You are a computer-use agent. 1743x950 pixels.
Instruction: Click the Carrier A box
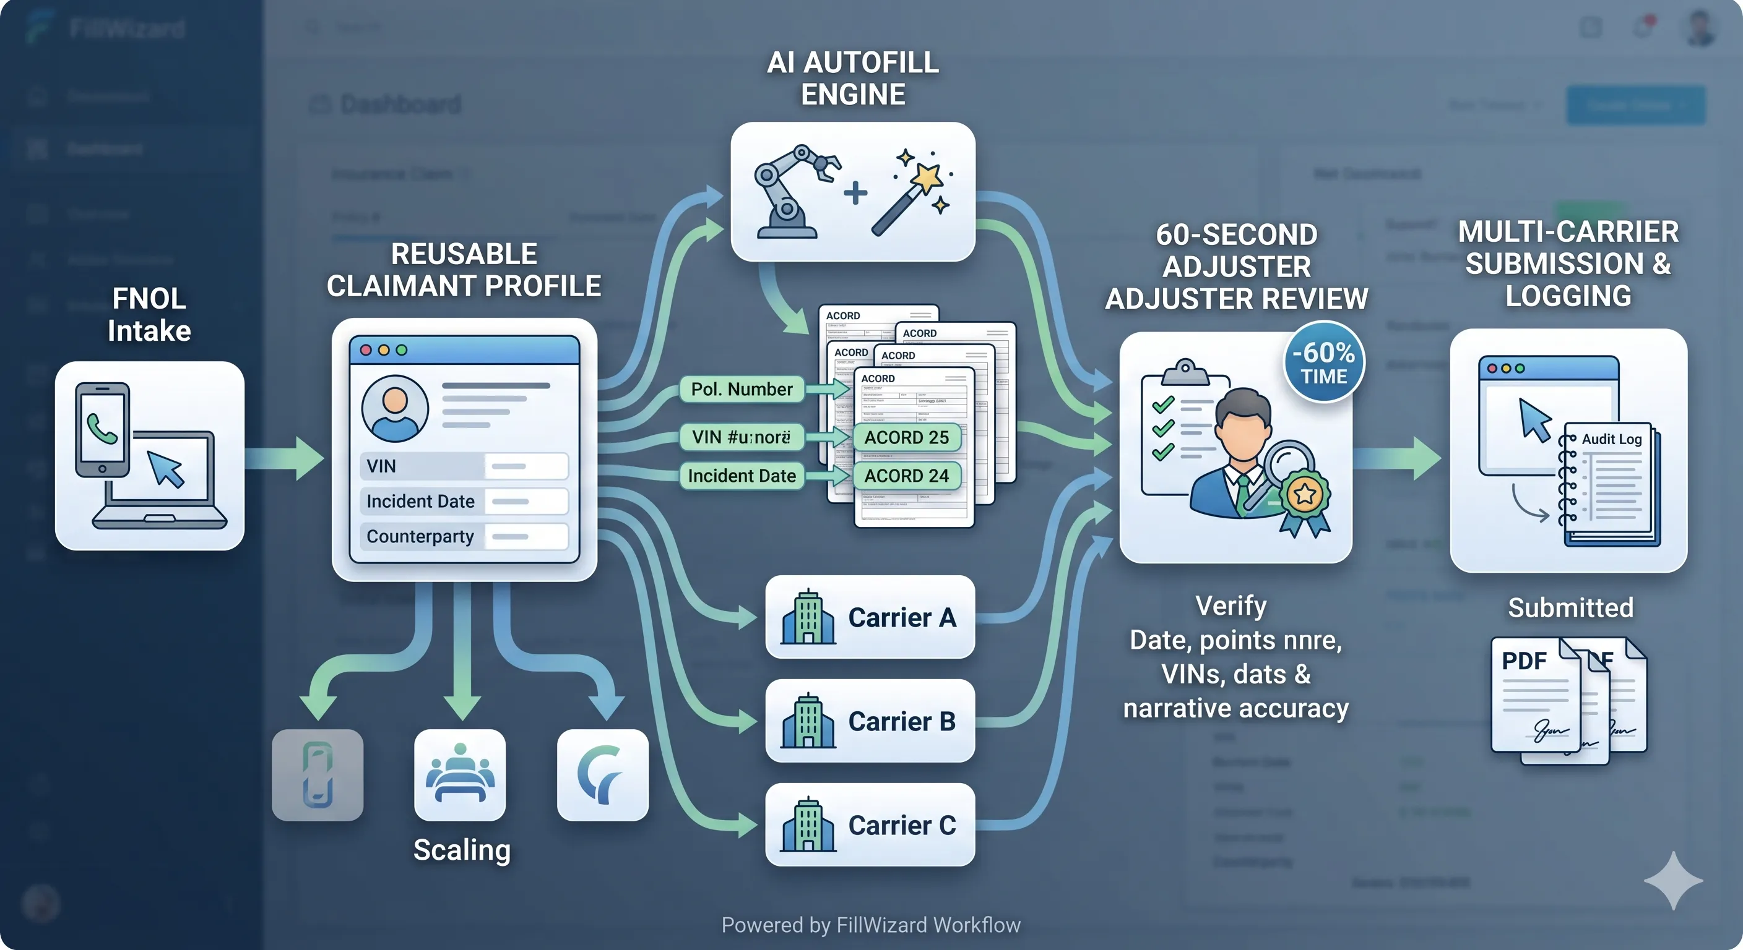[870, 617]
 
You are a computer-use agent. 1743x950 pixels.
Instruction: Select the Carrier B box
[870, 721]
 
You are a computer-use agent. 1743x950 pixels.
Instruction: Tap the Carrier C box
[870, 825]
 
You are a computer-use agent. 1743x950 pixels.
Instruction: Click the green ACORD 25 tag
[906, 437]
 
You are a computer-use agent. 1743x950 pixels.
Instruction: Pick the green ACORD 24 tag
[906, 476]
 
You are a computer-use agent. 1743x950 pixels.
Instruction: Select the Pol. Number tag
[742, 390]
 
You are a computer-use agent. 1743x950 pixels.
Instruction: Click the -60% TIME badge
[1323, 362]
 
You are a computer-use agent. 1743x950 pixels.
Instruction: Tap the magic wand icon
[910, 193]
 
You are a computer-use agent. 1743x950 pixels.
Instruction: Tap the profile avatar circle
[395, 408]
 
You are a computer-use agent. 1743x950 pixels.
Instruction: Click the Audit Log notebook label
[1611, 440]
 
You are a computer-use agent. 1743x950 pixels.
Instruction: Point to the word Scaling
[462, 850]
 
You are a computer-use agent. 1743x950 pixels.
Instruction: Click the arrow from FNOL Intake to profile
[284, 458]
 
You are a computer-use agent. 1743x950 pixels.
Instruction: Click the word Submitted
[1570, 608]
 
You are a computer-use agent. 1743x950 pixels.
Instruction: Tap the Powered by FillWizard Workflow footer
[871, 924]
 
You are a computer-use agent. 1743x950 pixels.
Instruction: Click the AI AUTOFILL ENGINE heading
[852, 79]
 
